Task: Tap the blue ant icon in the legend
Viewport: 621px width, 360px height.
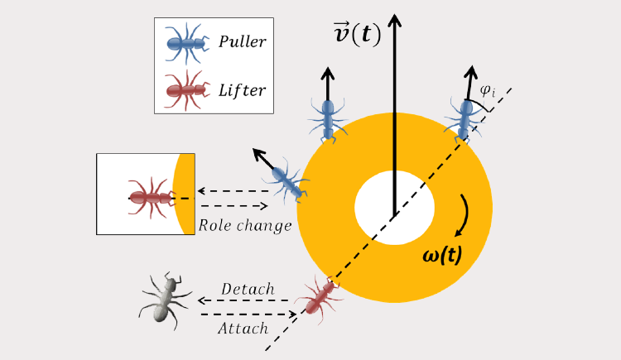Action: (x=185, y=41)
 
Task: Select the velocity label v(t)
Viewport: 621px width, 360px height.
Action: (x=352, y=34)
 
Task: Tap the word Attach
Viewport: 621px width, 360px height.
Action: (x=243, y=328)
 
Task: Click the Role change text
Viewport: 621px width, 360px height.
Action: (x=244, y=225)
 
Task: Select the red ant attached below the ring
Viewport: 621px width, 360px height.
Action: (x=319, y=295)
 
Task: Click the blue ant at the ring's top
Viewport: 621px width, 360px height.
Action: (x=328, y=118)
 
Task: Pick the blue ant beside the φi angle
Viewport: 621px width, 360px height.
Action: (x=462, y=118)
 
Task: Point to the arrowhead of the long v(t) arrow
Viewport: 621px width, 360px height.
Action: (x=395, y=17)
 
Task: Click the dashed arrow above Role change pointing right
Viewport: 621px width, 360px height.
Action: (x=234, y=205)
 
